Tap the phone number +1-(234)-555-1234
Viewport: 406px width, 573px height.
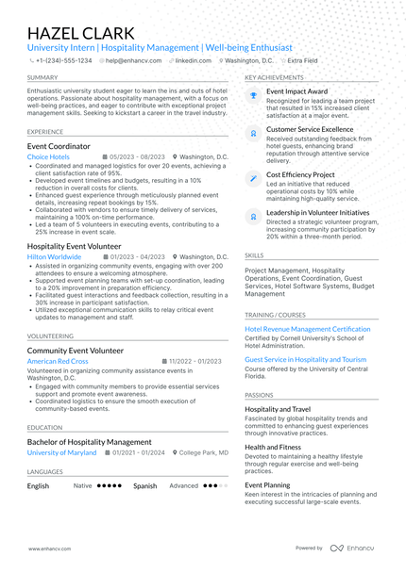click(63, 59)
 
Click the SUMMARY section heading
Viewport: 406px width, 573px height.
click(42, 77)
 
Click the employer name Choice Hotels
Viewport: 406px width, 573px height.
click(48, 157)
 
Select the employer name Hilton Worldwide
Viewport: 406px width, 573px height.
click(54, 256)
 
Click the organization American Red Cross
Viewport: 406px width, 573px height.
click(58, 361)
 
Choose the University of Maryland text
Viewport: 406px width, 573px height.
click(61, 452)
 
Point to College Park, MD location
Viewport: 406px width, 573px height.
click(203, 452)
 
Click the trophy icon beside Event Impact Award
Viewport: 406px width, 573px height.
click(253, 94)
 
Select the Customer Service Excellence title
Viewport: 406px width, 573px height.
click(310, 129)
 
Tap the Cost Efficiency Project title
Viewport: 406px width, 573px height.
click(300, 174)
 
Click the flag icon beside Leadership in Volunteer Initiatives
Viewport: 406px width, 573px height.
click(253, 216)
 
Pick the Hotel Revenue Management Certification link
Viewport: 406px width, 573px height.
click(308, 329)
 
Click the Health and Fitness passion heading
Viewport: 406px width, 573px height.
click(273, 447)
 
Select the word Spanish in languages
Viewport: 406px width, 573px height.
click(144, 486)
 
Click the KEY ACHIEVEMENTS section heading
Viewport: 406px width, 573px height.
click(274, 77)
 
